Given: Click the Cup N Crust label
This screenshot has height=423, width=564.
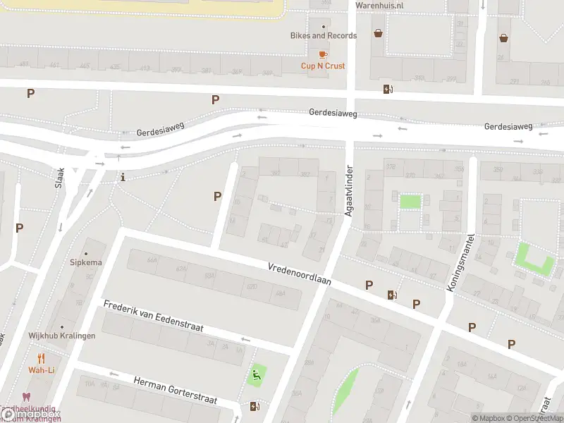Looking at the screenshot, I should coord(323,66).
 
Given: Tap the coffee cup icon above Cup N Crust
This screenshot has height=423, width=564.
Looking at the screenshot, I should coord(323,54).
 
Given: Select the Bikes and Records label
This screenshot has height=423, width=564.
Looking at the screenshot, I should coord(324,35).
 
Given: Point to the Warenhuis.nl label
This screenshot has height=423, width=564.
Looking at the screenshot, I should coord(379,5).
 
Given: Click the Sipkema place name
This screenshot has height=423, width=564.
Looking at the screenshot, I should coord(86,262).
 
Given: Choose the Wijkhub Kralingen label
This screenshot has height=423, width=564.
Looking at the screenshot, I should coord(62,336).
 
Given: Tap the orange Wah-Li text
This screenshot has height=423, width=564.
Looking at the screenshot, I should coord(42,370).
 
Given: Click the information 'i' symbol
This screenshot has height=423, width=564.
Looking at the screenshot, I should coord(123,177).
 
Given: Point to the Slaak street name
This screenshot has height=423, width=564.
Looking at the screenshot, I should coord(60,178).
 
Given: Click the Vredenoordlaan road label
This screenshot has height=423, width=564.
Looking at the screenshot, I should coord(299,274).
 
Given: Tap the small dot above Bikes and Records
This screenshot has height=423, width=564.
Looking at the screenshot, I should coord(324,25).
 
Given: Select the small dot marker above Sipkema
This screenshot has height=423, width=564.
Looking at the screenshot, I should coord(86,253).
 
